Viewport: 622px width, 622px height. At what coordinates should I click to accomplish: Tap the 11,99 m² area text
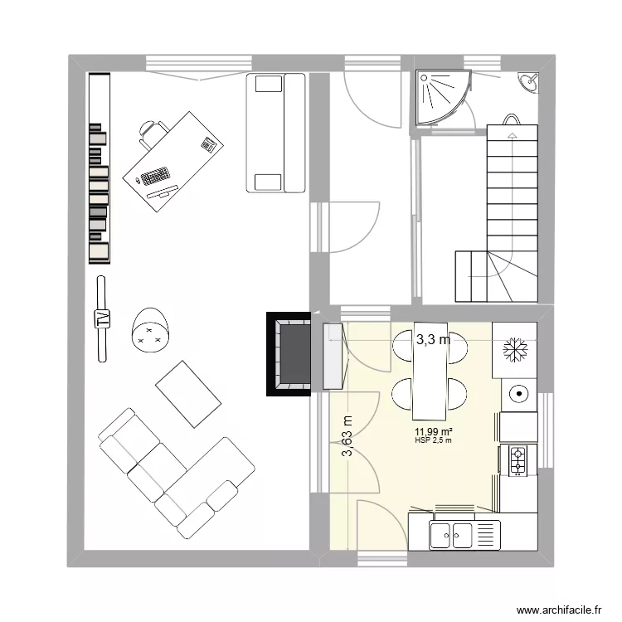[433, 431]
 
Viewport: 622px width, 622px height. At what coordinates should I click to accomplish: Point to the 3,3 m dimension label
[433, 339]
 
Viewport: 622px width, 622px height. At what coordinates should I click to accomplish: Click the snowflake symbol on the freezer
[514, 349]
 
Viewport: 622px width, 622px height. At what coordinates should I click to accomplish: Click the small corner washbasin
[529, 81]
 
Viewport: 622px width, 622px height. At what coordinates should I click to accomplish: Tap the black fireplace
[289, 353]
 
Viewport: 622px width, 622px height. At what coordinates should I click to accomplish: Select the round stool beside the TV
[150, 329]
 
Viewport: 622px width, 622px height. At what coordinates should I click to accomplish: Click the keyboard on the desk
[154, 176]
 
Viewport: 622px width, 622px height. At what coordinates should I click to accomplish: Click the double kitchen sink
[452, 535]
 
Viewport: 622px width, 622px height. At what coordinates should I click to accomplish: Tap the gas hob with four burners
[518, 461]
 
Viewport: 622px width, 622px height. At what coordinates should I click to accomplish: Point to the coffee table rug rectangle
[189, 393]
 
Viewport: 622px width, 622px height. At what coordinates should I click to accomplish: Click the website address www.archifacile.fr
[557, 610]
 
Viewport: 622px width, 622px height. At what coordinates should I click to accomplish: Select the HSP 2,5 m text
[433, 440]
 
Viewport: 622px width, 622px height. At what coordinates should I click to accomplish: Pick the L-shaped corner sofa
[174, 469]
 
